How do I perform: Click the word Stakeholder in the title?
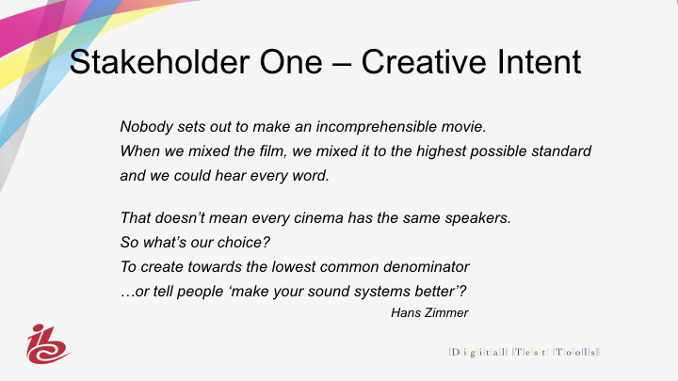pos(159,62)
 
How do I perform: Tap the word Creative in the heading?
pos(425,62)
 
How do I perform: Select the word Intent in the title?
pos(540,62)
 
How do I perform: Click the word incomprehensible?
pos(376,127)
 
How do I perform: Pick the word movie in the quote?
pos(463,127)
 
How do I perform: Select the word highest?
pos(441,151)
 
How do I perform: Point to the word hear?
pos(231,176)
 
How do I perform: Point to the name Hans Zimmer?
pos(429,312)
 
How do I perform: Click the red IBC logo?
pos(48,344)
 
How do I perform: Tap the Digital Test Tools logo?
pos(525,352)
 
